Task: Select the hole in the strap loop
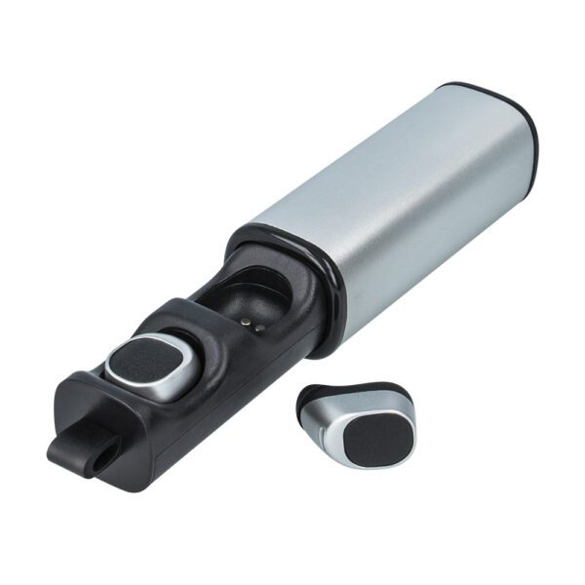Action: pyautogui.click(x=101, y=450)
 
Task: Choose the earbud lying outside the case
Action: pyautogui.click(x=356, y=424)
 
